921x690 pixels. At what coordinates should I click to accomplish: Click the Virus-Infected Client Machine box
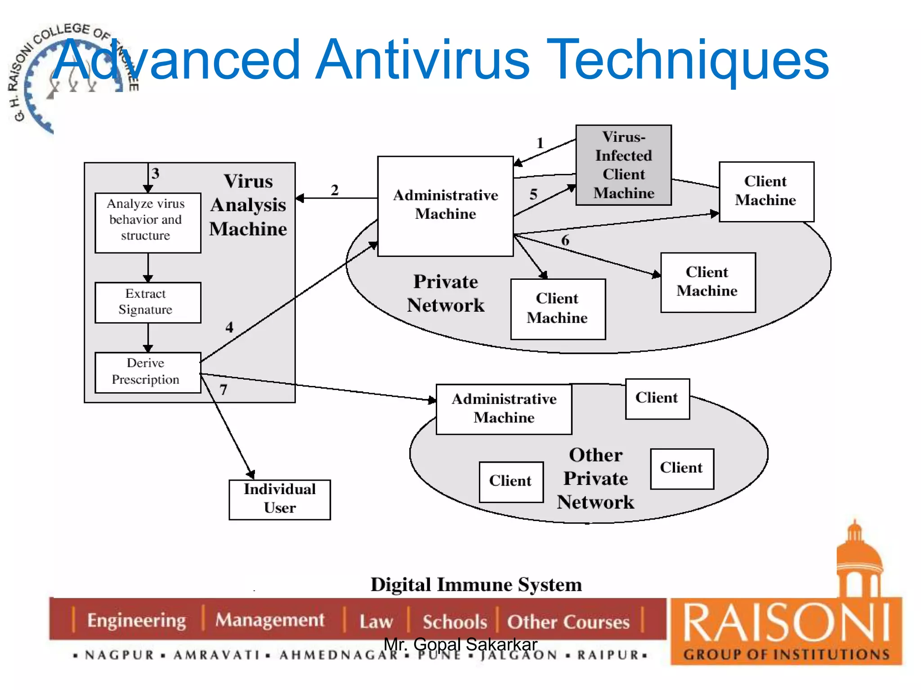coord(623,165)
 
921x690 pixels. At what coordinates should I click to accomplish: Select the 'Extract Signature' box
coord(148,302)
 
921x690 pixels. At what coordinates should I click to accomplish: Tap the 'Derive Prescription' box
coord(148,372)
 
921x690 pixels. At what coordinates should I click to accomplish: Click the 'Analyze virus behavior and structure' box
coord(148,222)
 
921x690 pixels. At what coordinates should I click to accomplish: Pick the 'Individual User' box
coord(280,499)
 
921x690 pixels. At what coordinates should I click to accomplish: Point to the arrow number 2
coord(335,190)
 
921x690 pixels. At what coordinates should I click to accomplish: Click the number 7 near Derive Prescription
coord(224,389)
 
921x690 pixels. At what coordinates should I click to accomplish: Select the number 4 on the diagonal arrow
coord(229,327)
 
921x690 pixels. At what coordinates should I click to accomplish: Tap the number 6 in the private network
coord(565,240)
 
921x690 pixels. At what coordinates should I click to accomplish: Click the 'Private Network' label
coord(446,293)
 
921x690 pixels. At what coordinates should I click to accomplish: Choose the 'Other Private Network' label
coord(595,478)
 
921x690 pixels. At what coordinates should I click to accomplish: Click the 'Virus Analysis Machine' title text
coord(248,205)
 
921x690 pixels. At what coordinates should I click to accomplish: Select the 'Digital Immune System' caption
coord(476,585)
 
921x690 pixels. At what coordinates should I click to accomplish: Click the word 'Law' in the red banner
coord(376,621)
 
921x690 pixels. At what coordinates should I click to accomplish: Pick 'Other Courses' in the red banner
coord(568,622)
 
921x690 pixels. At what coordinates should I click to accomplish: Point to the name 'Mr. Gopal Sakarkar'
coord(460,644)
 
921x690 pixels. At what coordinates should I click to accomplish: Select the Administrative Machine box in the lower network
coord(504,409)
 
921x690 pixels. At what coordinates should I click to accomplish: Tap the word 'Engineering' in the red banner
coord(137,620)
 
